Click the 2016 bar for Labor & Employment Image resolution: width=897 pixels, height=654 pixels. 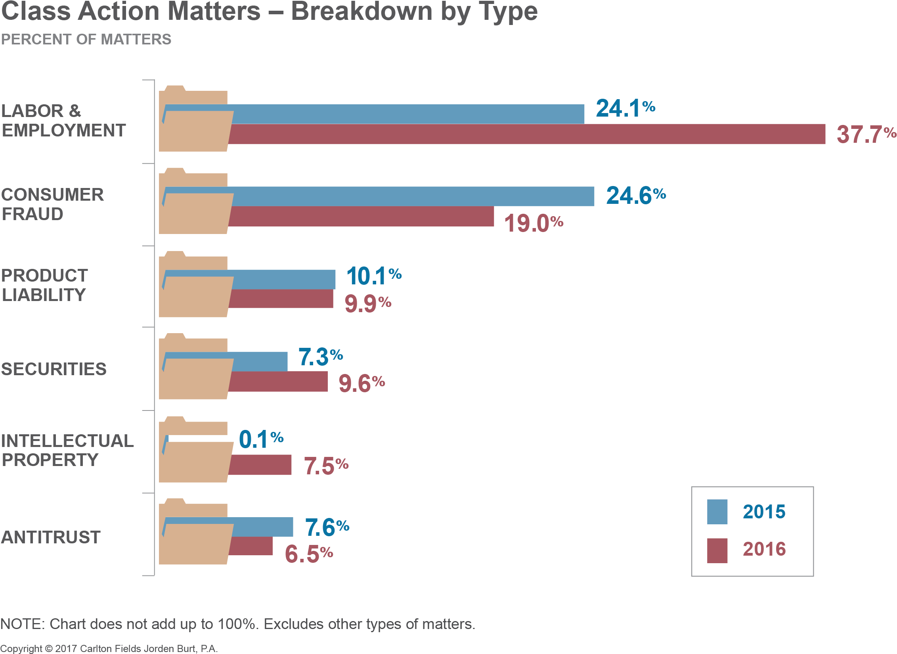[x=527, y=134]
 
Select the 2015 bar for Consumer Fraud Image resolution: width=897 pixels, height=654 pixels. [x=412, y=196]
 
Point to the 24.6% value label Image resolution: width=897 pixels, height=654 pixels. [x=635, y=196]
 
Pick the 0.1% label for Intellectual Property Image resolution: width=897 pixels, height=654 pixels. [x=261, y=440]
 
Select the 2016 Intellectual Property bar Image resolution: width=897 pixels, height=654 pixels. [x=260, y=465]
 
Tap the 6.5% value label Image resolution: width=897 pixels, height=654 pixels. [x=308, y=554]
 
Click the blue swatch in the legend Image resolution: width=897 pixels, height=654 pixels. [x=717, y=512]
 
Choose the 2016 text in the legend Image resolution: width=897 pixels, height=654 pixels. [x=764, y=549]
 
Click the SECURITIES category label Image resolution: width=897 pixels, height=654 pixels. [x=54, y=369]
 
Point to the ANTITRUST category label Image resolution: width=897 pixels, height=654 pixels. [x=51, y=537]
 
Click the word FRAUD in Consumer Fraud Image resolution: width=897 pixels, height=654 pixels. [x=33, y=214]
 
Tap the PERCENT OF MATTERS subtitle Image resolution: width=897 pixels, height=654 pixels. [x=86, y=39]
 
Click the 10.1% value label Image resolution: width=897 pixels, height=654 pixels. [x=373, y=276]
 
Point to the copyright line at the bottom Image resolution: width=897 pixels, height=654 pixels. [x=109, y=648]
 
